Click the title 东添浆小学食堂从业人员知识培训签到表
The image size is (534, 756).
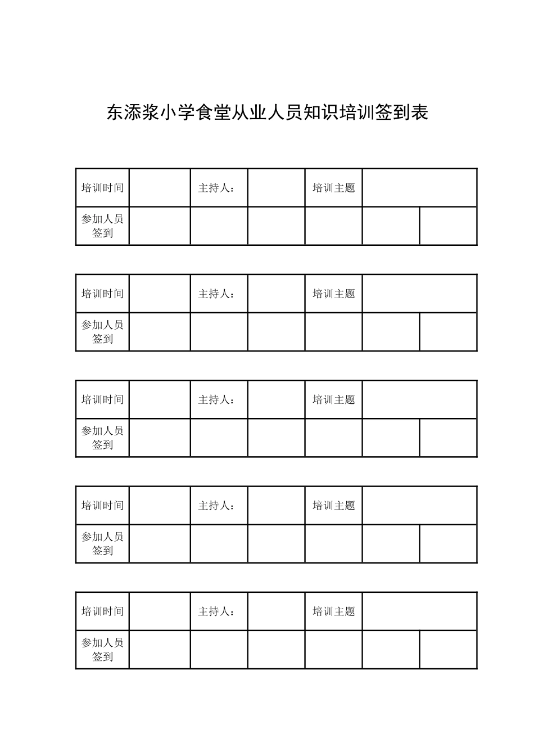pyautogui.click(x=268, y=112)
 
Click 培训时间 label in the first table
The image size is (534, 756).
pyautogui.click(x=102, y=188)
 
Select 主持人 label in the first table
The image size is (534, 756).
pyautogui.click(x=216, y=188)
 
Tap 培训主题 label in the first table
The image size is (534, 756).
pyautogui.click(x=334, y=188)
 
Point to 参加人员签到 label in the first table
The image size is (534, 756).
pyautogui.click(x=102, y=226)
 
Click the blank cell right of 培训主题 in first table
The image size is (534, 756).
pyautogui.click(x=419, y=188)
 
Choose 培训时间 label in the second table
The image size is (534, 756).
pyautogui.click(x=102, y=294)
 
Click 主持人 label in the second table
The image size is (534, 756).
pyautogui.click(x=216, y=294)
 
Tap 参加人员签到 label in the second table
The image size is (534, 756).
pyautogui.click(x=102, y=332)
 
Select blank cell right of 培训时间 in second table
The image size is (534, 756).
pyautogui.click(x=160, y=294)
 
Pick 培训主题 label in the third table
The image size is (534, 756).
pyautogui.click(x=334, y=399)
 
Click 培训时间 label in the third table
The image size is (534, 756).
pyautogui.click(x=102, y=399)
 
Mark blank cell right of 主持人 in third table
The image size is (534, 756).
pyautogui.click(x=276, y=399)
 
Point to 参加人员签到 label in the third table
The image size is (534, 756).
pyautogui.click(x=102, y=438)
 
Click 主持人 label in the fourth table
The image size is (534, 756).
pyautogui.click(x=216, y=506)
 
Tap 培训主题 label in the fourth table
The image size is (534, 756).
pyautogui.click(x=334, y=506)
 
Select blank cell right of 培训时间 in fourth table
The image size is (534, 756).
pyautogui.click(x=160, y=506)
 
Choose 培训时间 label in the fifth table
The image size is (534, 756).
pyautogui.click(x=102, y=611)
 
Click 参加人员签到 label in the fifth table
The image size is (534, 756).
pyautogui.click(x=102, y=650)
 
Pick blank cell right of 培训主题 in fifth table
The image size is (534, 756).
pyautogui.click(x=419, y=611)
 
